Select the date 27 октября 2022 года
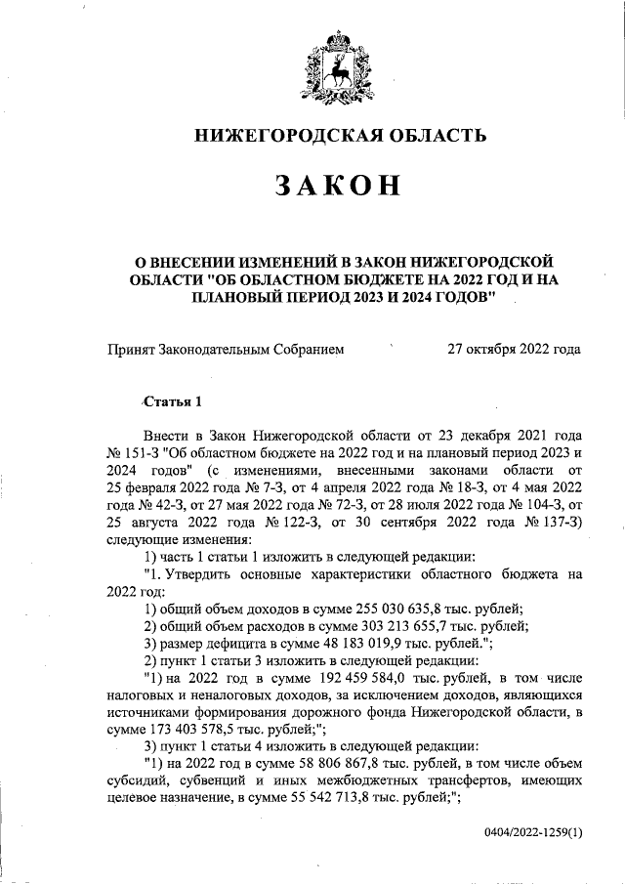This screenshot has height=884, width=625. pyautogui.click(x=514, y=349)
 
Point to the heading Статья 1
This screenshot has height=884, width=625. pyautogui.click(x=174, y=402)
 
